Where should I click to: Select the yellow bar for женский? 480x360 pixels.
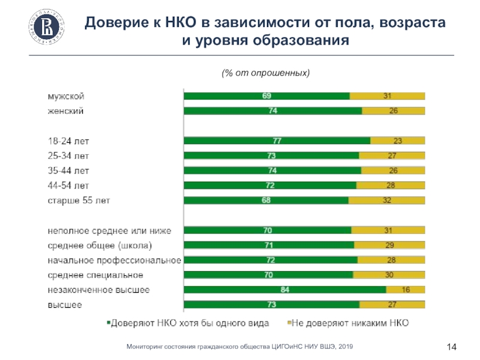(x=393, y=110)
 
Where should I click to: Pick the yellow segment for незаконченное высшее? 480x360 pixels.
(x=406, y=290)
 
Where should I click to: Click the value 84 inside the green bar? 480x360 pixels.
(x=285, y=290)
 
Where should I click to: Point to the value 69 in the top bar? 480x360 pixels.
(x=266, y=96)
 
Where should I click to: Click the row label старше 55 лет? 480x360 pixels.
(x=79, y=200)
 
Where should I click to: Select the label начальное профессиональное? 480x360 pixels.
(x=115, y=260)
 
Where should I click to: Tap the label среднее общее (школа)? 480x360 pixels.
(x=100, y=245)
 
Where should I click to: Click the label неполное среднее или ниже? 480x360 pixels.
(x=110, y=230)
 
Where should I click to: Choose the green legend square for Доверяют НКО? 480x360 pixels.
(x=109, y=323)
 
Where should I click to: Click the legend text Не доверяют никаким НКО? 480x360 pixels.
(x=351, y=323)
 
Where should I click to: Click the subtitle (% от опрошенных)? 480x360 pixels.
(x=265, y=73)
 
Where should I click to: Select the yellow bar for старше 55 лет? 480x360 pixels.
(x=387, y=200)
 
